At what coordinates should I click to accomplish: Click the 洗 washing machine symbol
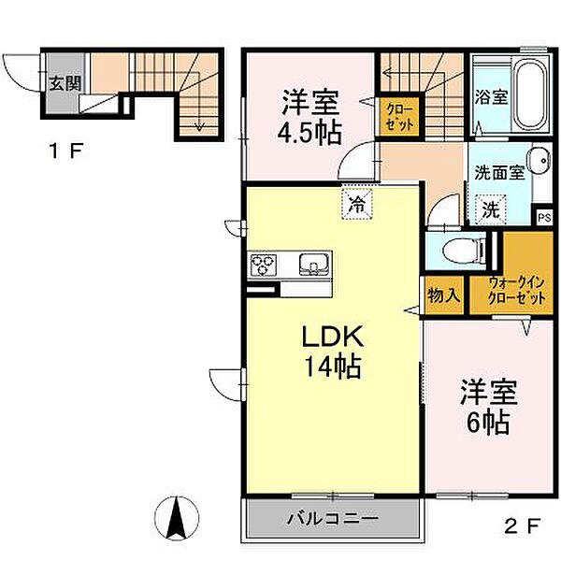[490, 209]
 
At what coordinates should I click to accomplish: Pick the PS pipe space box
[544, 216]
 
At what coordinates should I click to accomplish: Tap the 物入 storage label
[444, 296]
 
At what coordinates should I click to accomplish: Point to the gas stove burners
[264, 265]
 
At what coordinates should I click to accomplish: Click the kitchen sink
[311, 265]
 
